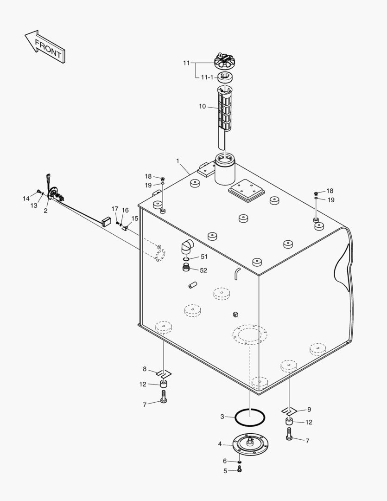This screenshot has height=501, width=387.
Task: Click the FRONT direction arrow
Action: (x=45, y=47)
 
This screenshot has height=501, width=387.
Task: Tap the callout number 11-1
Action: (x=207, y=77)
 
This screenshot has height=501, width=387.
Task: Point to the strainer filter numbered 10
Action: (x=224, y=111)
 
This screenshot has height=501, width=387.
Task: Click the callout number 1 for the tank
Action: (x=178, y=161)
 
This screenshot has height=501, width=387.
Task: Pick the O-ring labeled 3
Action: (x=249, y=417)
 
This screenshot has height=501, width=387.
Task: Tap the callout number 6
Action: (x=225, y=461)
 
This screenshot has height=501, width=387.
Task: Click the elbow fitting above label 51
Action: (x=187, y=246)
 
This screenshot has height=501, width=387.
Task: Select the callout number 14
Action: (x=26, y=199)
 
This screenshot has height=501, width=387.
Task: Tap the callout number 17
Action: (x=114, y=209)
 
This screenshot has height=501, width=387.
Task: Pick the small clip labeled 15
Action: (x=125, y=228)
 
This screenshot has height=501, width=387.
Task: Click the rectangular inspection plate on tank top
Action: (x=246, y=192)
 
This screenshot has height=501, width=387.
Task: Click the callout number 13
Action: (x=34, y=206)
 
